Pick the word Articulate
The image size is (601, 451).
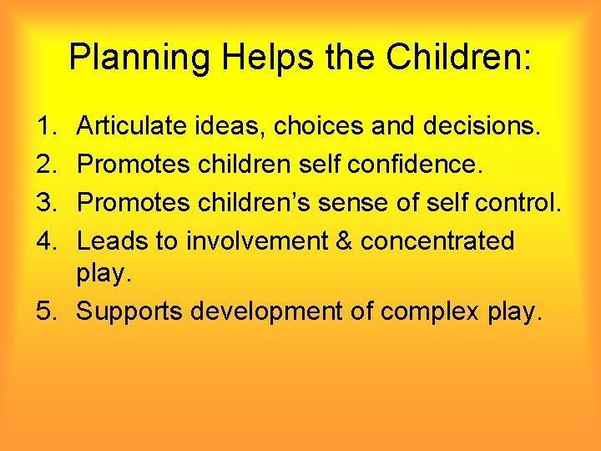pyautogui.click(x=129, y=127)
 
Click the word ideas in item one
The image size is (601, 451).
pyautogui.click(x=218, y=127)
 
